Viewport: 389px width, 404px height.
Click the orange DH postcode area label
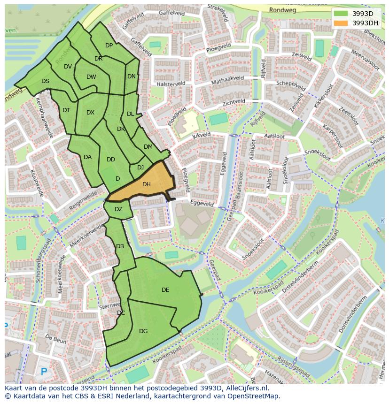click(146, 184)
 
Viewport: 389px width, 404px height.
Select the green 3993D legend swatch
click(341, 14)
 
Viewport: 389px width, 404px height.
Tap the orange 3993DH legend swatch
click(341, 23)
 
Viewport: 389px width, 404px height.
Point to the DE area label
click(165, 290)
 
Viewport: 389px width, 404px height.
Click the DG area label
click(143, 331)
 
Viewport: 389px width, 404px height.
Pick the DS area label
click(45, 81)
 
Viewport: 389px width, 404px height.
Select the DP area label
click(109, 46)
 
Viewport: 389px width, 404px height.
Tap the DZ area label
click(118, 209)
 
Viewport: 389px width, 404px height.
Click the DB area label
click(120, 246)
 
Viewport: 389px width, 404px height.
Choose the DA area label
click(87, 157)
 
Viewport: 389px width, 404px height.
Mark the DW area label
click(91, 77)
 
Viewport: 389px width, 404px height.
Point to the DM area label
click(148, 147)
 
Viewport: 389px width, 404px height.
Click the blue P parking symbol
click(44, 372)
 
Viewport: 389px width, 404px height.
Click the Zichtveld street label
click(234, 101)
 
